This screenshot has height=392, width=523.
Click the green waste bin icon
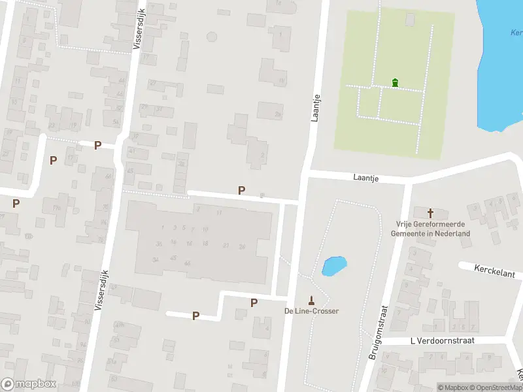click(x=394, y=82)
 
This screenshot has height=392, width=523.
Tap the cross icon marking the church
click(x=431, y=213)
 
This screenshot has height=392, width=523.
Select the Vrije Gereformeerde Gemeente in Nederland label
click(x=431, y=229)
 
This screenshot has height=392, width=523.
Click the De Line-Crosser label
click(x=311, y=311)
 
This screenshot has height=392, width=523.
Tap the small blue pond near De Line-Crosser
click(x=334, y=266)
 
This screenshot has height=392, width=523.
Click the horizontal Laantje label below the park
click(x=366, y=177)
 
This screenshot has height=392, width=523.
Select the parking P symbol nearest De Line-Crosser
click(x=254, y=302)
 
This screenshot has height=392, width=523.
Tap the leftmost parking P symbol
click(x=16, y=203)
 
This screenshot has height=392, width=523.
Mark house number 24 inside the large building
click(x=242, y=246)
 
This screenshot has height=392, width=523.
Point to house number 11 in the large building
click(x=220, y=213)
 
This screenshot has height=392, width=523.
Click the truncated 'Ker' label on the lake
click(x=516, y=32)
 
